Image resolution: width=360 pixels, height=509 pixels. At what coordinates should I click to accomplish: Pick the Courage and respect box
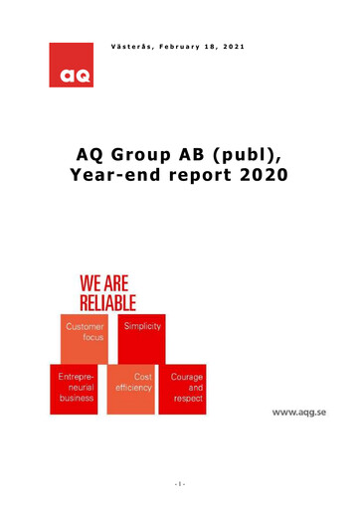(x=186, y=388)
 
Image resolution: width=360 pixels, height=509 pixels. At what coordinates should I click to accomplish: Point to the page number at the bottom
(x=179, y=485)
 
